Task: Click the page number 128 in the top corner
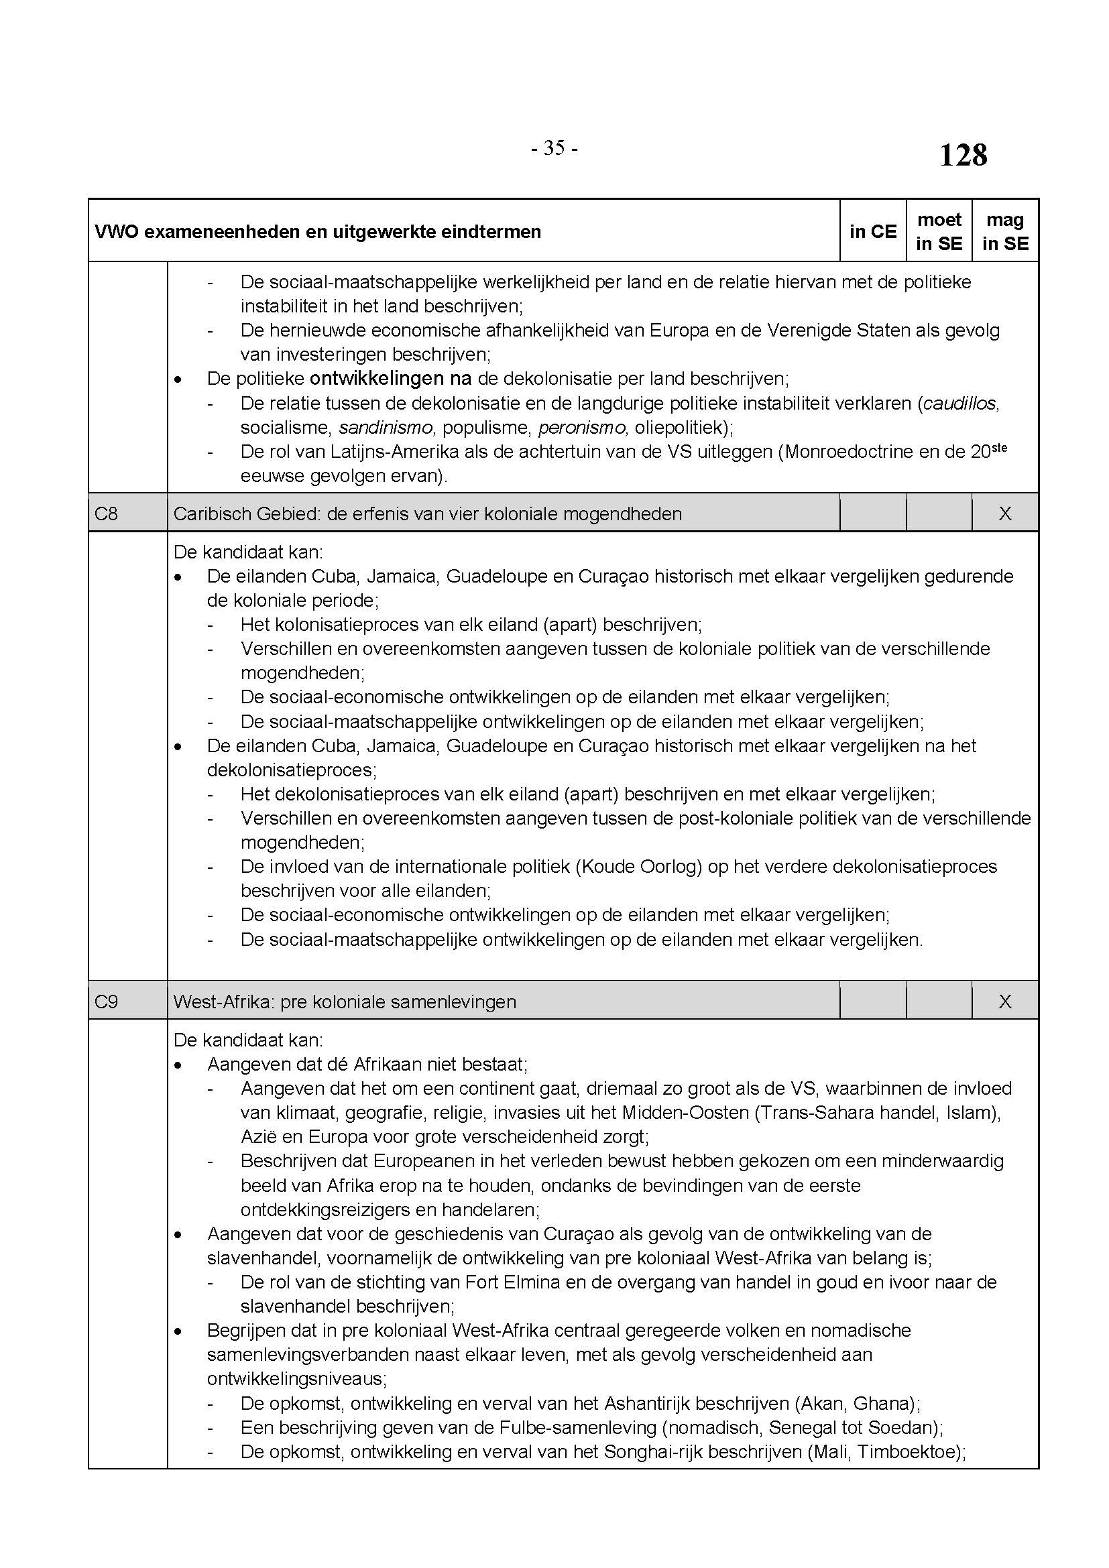pyautogui.click(x=963, y=155)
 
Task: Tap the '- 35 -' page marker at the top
pyautogui.click(x=554, y=148)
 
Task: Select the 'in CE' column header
pyautogui.click(x=872, y=231)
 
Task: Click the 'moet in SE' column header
pyautogui.click(x=939, y=231)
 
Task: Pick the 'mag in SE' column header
pyautogui.click(x=1004, y=231)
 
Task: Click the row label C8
pyautogui.click(x=106, y=513)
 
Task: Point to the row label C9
pyautogui.click(x=106, y=1001)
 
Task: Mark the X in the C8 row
pyautogui.click(x=1004, y=513)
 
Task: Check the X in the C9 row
pyautogui.click(x=1004, y=1001)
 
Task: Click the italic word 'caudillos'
pyautogui.click(x=960, y=404)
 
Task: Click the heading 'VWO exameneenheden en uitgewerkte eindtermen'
pyautogui.click(x=318, y=232)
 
